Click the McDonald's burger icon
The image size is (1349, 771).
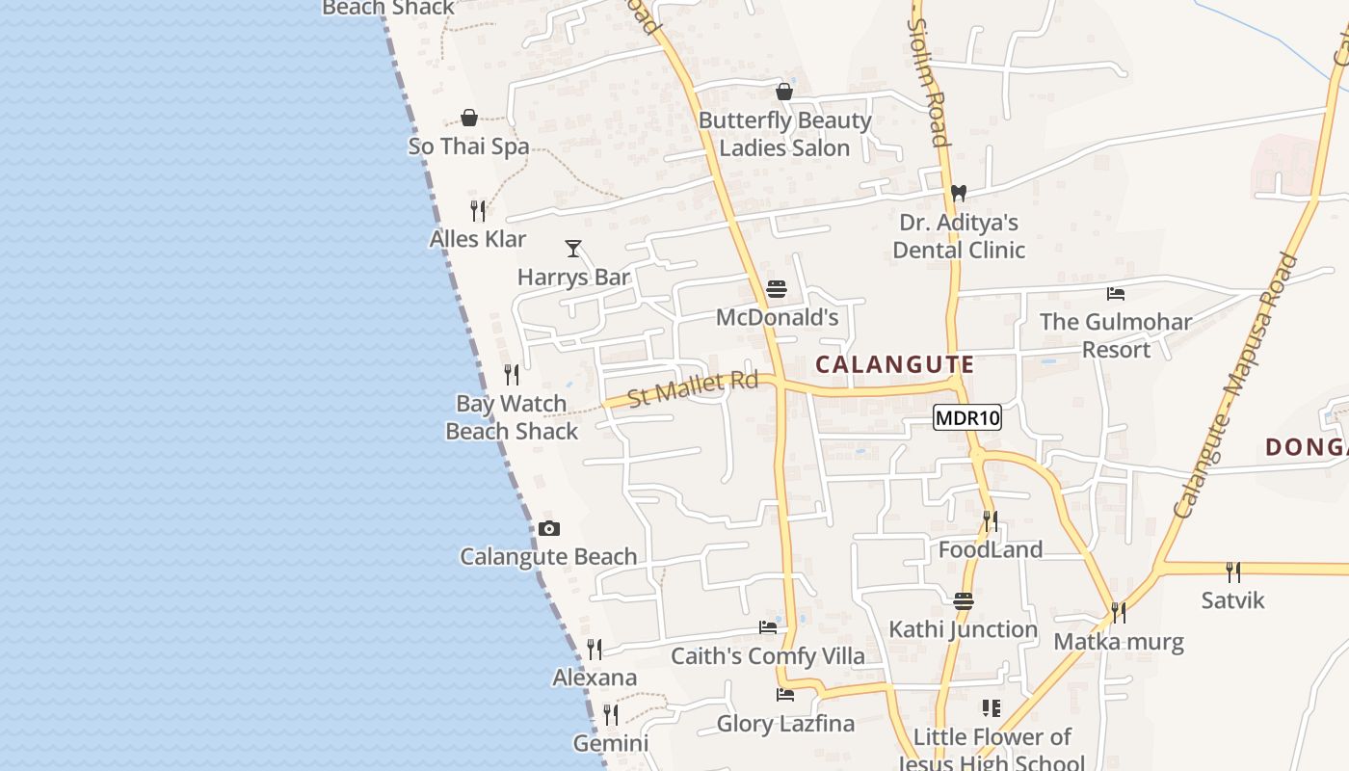pyautogui.click(x=777, y=289)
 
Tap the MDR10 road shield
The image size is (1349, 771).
pyautogui.click(x=967, y=417)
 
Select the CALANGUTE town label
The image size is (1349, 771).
pyautogui.click(x=895, y=364)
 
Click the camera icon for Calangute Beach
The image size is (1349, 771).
pyautogui.click(x=549, y=528)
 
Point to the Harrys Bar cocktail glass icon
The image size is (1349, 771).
pyautogui.click(x=573, y=249)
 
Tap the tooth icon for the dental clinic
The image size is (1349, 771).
pyautogui.click(x=958, y=193)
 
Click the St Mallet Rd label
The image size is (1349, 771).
pyautogui.click(x=693, y=387)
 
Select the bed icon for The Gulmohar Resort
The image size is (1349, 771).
pyautogui.click(x=1116, y=294)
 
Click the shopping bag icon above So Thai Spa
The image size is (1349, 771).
pyautogui.click(x=469, y=118)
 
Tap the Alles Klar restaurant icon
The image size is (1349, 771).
pyautogui.click(x=478, y=210)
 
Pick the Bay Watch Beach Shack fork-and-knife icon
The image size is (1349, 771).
pyautogui.click(x=512, y=374)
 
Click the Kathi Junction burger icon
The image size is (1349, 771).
pyautogui.click(x=964, y=601)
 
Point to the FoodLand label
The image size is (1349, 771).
pyautogui.click(x=991, y=549)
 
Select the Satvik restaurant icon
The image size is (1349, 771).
pyautogui.click(x=1233, y=572)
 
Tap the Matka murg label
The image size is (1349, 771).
pyautogui.click(x=1118, y=642)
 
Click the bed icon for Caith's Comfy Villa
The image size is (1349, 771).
pyautogui.click(x=768, y=626)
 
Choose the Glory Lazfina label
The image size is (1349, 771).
pyautogui.click(x=785, y=724)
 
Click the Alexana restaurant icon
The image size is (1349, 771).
pyautogui.click(x=595, y=649)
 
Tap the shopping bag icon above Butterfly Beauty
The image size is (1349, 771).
pyautogui.click(x=784, y=92)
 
